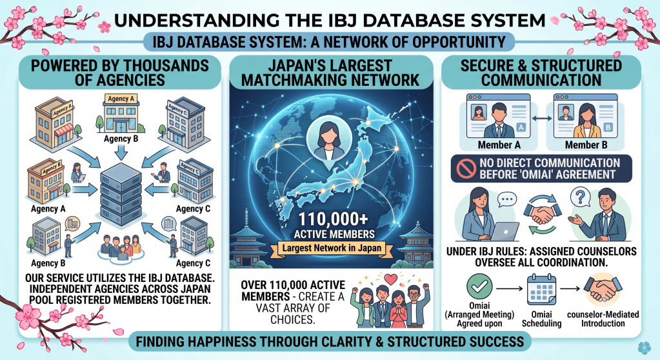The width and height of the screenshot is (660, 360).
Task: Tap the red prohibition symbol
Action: (466, 169)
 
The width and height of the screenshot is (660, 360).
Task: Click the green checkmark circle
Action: (479, 286)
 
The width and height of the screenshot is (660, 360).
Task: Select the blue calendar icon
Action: (541, 289)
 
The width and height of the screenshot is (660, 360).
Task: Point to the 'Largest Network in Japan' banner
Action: (332, 248)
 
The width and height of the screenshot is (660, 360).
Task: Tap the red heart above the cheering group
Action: (392, 279)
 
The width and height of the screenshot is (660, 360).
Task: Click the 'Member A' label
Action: (499, 145)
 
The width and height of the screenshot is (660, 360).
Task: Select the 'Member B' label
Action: (586, 145)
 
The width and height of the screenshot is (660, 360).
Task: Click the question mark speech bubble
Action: (581, 197)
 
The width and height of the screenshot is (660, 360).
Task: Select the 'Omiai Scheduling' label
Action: (541, 319)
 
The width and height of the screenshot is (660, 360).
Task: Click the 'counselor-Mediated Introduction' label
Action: (603, 319)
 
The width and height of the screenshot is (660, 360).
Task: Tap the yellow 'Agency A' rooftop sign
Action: (121, 99)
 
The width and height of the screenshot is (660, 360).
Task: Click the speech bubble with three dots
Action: (507, 199)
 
